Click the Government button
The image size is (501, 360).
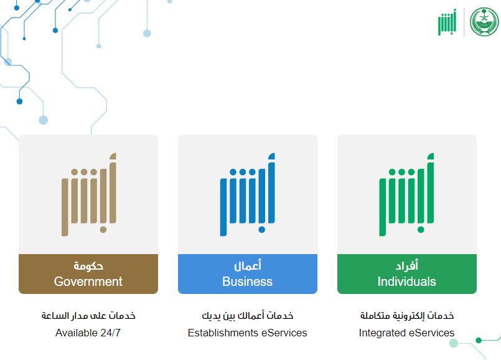coord(88,273)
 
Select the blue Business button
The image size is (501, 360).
coord(248,273)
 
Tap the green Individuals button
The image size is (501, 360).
coord(407,273)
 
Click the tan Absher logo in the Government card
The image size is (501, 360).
coord(89,194)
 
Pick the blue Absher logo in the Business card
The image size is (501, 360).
coord(247,194)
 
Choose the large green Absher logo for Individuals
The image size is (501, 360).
coord(406,194)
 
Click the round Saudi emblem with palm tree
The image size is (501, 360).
coord(484,22)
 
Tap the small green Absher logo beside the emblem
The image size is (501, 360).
coord(447,22)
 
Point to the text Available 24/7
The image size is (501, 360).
coord(88,333)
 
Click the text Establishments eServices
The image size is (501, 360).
coord(247,333)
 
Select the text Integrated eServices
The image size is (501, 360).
coord(406,333)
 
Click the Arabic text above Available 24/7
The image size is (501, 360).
coord(88,316)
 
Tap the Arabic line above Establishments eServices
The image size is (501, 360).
coord(247,316)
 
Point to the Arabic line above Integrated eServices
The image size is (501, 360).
coord(407,316)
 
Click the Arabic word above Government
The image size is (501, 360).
coord(88,266)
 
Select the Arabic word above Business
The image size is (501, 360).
coord(248,266)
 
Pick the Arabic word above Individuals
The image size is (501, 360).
coord(407,266)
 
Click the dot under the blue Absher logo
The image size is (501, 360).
coord(261,230)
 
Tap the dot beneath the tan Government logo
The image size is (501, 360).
coord(103,230)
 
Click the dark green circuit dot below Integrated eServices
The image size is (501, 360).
coord(479,340)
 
